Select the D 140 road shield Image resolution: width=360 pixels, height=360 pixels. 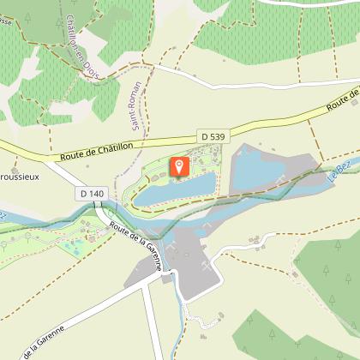click(92, 194)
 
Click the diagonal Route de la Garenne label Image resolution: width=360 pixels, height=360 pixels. click(136, 244)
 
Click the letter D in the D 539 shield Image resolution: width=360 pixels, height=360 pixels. click(206, 135)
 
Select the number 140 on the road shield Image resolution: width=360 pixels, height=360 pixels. click(96, 194)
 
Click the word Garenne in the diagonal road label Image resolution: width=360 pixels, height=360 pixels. click(147, 255)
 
